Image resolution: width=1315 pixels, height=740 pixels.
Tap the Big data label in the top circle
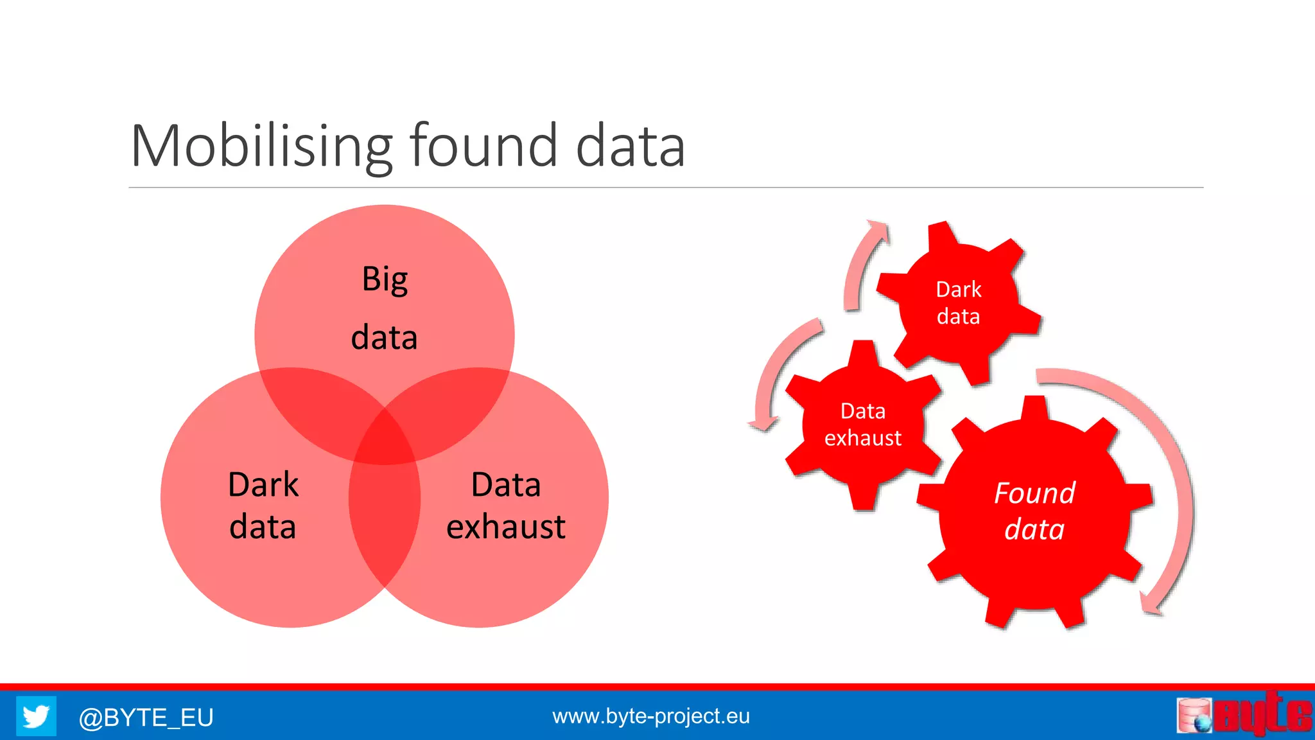click(x=384, y=308)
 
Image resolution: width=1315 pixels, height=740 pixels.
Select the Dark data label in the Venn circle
click(x=263, y=506)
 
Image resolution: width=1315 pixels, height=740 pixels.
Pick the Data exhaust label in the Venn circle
click(x=506, y=506)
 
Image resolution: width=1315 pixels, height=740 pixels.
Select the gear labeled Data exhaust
click(x=862, y=425)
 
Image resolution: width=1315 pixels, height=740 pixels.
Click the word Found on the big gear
click(x=1034, y=493)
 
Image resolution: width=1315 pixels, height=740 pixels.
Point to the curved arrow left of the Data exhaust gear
click(x=777, y=373)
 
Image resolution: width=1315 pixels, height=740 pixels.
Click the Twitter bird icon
click(x=36, y=716)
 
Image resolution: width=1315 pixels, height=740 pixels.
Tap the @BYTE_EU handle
click(x=146, y=717)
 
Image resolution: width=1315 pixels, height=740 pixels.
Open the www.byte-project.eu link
click(x=650, y=716)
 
